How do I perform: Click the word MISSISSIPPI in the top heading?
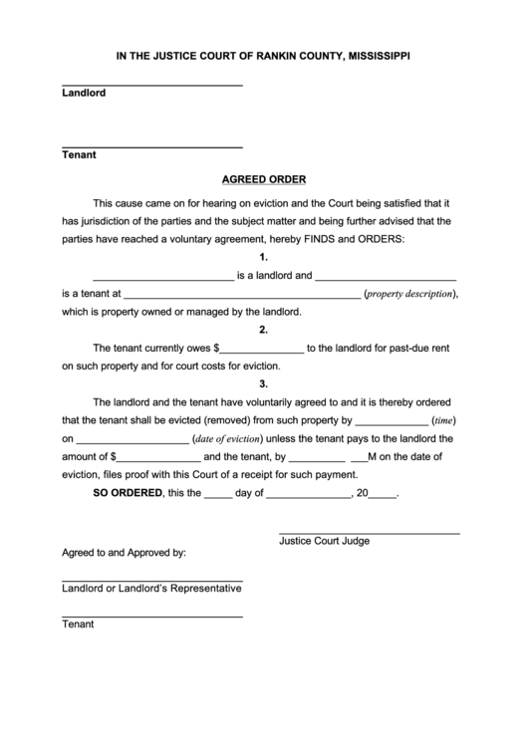pos(376,57)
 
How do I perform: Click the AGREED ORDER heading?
pos(263,180)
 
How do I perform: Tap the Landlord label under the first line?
pos(84,94)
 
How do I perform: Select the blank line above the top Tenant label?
pos(152,146)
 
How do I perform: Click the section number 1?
pos(263,258)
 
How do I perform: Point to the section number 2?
pos(263,330)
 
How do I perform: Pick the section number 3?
pos(263,383)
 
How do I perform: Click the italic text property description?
pos(408,295)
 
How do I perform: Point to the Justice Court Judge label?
pos(324,541)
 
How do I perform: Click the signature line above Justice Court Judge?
pos(369,534)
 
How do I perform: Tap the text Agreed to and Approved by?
pos(124,552)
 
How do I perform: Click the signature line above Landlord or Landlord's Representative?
pos(152,580)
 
